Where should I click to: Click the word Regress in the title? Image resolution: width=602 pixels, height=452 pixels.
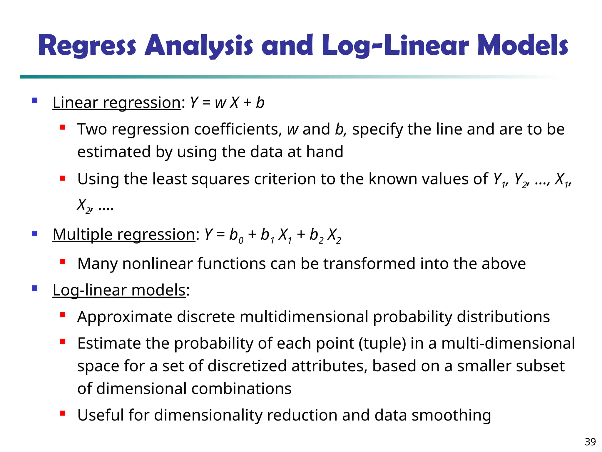87,46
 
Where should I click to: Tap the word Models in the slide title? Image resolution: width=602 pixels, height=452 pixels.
523,46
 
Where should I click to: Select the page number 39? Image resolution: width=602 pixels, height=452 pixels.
590,442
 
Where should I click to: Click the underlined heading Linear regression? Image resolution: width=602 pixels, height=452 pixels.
117,103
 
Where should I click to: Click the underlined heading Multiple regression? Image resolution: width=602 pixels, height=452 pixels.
124,235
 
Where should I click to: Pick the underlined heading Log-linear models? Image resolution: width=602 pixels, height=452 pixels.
119,290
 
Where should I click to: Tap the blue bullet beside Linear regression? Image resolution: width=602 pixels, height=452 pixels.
35,101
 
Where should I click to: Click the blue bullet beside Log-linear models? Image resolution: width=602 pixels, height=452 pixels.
35,288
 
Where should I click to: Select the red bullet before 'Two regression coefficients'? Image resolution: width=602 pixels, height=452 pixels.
62,127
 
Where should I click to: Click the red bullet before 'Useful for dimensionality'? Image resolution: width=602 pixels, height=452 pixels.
62,413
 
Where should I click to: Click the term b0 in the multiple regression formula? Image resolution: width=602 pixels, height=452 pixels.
236,235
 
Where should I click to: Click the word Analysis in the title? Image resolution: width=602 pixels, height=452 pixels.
199,46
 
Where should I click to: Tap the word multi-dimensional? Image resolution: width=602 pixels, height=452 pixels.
508,343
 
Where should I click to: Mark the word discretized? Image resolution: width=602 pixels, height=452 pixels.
249,366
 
